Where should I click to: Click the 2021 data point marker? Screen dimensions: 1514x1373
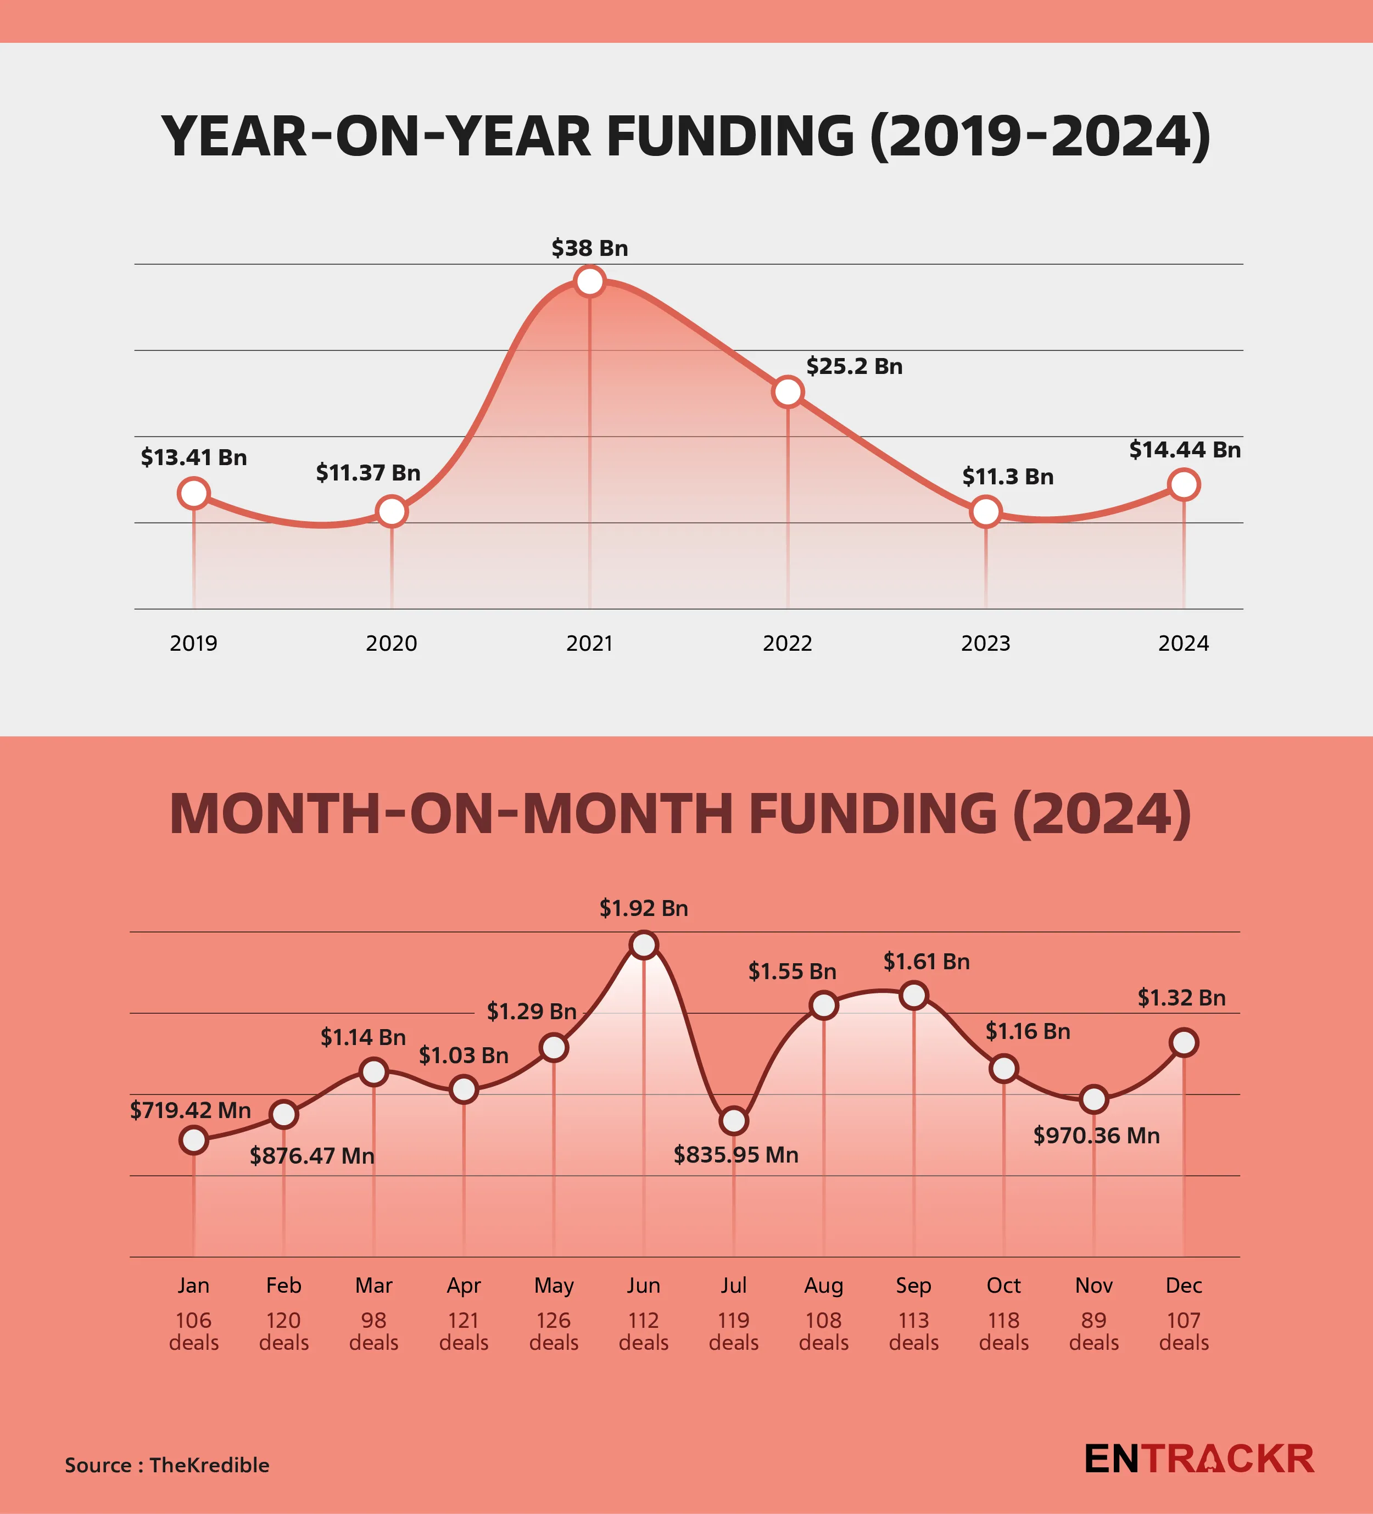click(590, 282)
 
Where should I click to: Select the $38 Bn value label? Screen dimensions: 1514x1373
click(590, 248)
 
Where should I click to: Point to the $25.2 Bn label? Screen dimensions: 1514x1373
click(854, 366)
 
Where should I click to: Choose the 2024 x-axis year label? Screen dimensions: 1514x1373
click(1183, 644)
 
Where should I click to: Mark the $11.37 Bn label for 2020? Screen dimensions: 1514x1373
click(368, 473)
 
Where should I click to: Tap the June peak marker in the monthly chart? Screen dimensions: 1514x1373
click(644, 945)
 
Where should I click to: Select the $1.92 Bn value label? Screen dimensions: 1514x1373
click(644, 909)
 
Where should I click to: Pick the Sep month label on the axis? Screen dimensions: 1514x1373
click(913, 1286)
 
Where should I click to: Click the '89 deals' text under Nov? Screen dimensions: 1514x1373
click(1093, 1332)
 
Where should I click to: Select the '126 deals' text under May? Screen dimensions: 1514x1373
click(554, 1332)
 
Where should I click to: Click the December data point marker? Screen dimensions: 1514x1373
click(1184, 1042)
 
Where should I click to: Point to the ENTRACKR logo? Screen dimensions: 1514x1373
click(1199, 1459)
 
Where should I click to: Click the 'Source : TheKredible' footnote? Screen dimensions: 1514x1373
click(167, 1465)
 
